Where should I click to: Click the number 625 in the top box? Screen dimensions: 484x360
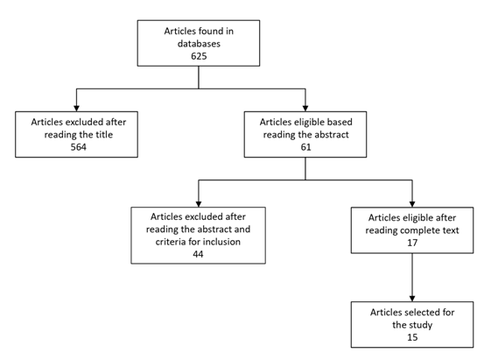click(199, 56)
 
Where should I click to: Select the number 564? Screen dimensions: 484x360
click(79, 147)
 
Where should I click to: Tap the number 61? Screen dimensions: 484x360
click(306, 147)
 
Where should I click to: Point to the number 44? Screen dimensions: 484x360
click(198, 254)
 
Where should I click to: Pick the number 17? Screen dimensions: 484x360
click(412, 243)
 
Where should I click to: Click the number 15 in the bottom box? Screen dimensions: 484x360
click(412, 337)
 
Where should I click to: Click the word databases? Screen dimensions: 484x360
click(199, 44)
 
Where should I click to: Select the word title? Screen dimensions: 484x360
click(105, 134)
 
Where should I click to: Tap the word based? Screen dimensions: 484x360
click(340, 122)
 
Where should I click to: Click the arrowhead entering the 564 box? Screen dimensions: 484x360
click(76, 108)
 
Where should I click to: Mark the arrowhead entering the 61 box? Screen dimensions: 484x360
click(305, 108)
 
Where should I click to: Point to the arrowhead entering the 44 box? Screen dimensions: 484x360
click(199, 204)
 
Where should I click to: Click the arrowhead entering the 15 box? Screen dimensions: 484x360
click(412, 299)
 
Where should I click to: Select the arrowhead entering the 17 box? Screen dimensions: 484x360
click(412, 204)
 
